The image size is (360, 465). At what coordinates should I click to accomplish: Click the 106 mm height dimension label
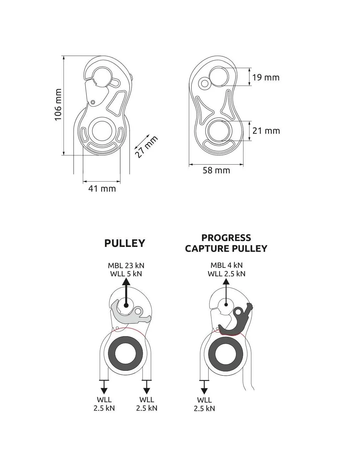[58, 105]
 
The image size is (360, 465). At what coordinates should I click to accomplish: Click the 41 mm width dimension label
[102, 189]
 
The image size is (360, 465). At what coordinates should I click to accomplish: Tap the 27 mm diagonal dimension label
[146, 147]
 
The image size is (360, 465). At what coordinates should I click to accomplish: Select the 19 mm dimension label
[266, 77]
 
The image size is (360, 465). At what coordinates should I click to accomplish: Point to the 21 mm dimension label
[266, 131]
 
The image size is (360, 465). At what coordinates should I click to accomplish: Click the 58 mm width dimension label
[216, 170]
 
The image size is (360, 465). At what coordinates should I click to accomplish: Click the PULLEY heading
[125, 243]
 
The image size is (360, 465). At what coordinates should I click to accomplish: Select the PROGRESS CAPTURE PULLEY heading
[226, 243]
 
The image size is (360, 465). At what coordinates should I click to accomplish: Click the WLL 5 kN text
[126, 274]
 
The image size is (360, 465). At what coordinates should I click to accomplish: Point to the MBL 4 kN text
[226, 265]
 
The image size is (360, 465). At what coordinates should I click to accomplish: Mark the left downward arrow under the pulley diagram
[104, 389]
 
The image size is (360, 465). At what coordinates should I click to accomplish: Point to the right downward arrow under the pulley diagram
[147, 389]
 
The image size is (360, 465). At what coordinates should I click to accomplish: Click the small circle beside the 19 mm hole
[205, 83]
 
